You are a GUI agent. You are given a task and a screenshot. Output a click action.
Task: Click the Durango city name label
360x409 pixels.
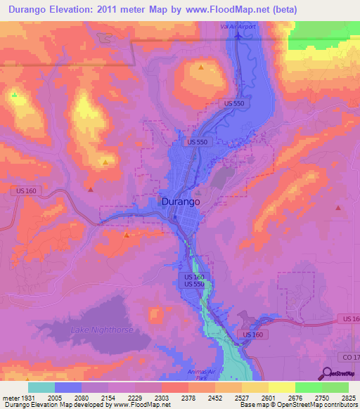pyautogui.click(x=181, y=201)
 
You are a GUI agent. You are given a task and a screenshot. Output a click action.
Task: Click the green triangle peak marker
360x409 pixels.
pyautogui.click(x=14, y=94)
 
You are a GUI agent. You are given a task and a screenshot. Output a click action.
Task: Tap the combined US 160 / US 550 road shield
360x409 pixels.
pyautogui.click(x=194, y=280)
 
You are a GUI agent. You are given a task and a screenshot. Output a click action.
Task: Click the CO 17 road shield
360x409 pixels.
pyautogui.click(x=349, y=358)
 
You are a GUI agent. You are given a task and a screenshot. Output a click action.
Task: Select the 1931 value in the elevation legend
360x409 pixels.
pyautogui.click(x=28, y=397)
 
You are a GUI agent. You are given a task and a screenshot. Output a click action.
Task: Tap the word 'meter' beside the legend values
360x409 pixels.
pyautogui.click(x=10, y=397)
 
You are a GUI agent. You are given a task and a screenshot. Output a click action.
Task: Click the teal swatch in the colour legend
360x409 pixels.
pyautogui.click(x=41, y=387)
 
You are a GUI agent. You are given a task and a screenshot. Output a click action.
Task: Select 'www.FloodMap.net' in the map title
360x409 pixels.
pyautogui.click(x=233, y=10)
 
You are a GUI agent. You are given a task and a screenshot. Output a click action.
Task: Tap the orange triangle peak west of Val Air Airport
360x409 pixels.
pyautogui.click(x=201, y=67)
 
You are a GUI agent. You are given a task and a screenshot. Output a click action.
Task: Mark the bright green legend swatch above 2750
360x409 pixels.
pyautogui.click(x=309, y=387)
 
